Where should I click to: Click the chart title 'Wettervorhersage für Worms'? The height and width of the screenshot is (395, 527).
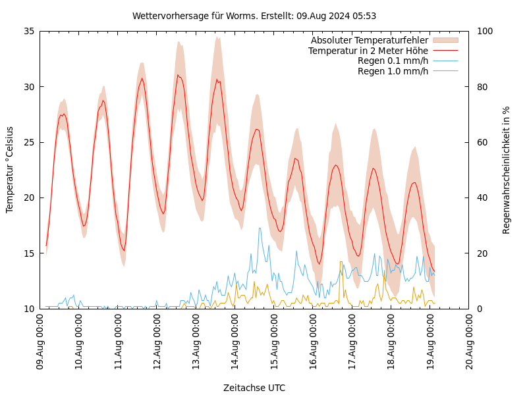254,16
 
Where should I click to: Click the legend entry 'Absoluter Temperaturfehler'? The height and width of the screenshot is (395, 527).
369,41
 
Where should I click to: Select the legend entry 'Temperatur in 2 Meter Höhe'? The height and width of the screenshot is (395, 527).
368,51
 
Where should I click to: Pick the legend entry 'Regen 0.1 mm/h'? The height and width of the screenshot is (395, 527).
393,61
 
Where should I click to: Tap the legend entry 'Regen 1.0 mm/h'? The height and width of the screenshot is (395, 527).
393,71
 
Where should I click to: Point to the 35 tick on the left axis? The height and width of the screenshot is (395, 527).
29,31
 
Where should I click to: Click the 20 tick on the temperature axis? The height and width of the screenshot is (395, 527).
29,197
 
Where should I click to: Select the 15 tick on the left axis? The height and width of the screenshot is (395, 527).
29,253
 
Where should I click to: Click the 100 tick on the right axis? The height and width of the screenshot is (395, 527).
485,31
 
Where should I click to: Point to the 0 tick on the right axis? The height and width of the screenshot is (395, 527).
480,309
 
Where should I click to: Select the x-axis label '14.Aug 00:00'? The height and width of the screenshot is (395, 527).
235,342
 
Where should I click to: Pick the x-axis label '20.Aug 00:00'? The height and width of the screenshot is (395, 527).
469,342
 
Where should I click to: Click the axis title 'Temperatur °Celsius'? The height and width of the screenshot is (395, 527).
10,169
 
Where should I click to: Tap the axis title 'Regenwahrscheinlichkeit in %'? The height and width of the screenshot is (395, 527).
507,170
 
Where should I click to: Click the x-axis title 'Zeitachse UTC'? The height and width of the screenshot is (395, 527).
254,388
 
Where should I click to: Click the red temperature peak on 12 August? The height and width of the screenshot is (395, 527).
178,75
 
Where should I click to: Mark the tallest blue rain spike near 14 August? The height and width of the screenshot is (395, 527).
260,228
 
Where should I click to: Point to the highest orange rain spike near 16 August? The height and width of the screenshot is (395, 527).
341,262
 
